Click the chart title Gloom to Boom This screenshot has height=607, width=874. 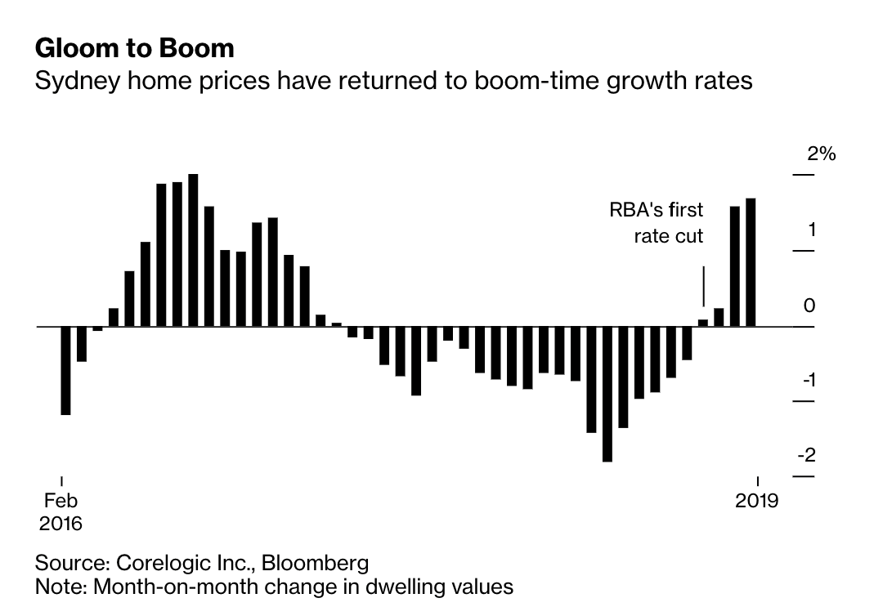(x=134, y=48)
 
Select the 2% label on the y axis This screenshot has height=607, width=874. (x=820, y=154)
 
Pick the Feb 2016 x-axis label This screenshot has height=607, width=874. (x=61, y=511)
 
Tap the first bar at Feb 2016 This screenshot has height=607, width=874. (x=65, y=370)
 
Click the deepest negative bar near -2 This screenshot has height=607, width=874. (x=607, y=394)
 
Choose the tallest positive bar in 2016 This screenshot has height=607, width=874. (x=193, y=250)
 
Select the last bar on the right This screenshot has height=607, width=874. (x=751, y=261)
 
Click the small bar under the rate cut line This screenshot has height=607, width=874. (x=703, y=322)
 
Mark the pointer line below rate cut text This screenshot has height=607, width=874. (x=703, y=285)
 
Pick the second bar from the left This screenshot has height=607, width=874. (x=82, y=344)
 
